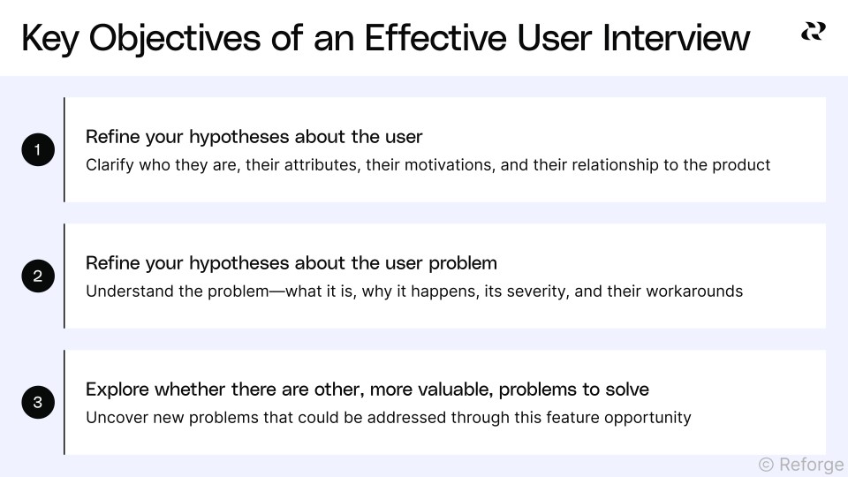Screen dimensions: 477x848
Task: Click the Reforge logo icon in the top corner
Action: [813, 32]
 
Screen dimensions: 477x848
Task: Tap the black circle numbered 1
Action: [38, 150]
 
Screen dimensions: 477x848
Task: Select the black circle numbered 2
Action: [38, 276]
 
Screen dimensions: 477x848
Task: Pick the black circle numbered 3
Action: [38, 403]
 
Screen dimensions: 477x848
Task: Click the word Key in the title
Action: [52, 38]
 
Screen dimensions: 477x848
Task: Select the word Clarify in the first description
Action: [109, 165]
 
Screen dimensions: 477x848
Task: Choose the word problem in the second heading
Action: [463, 263]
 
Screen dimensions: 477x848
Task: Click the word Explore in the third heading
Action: [117, 390]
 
